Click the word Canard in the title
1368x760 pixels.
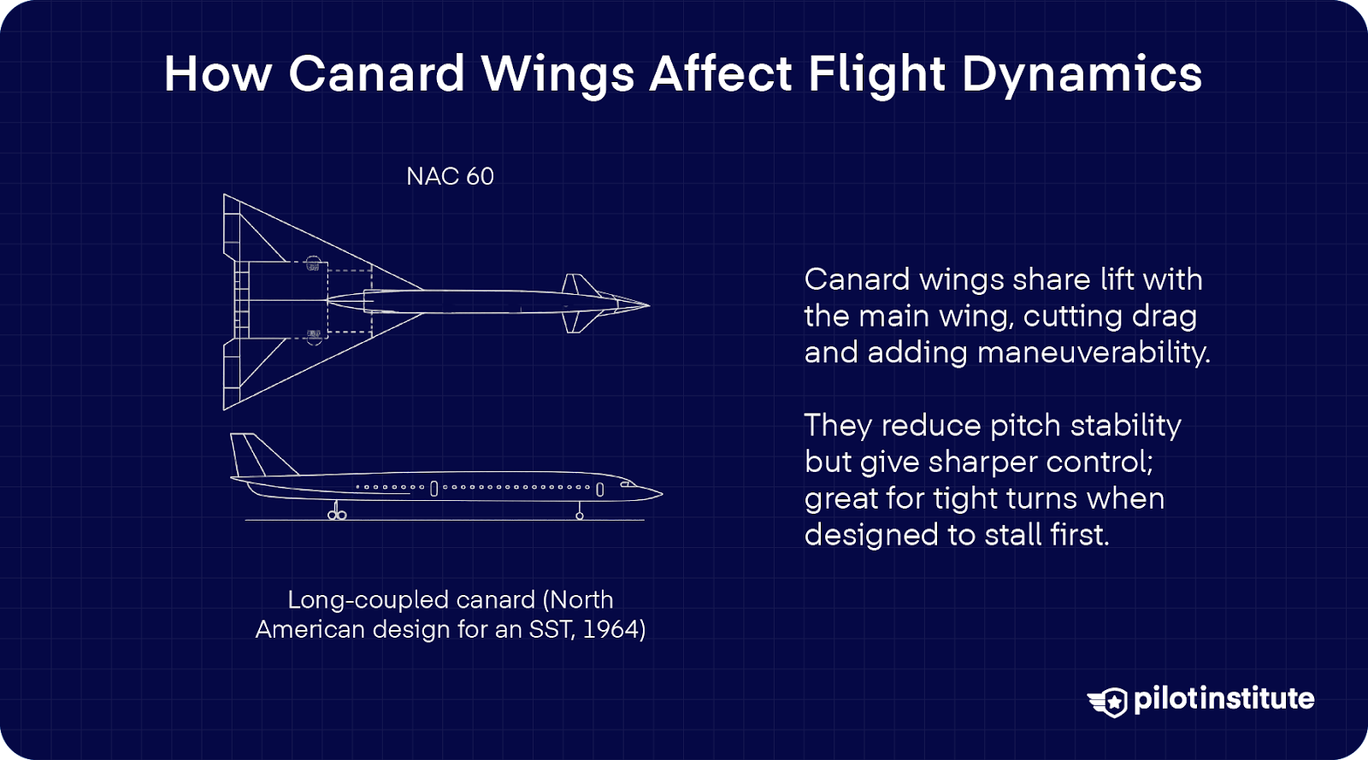point(376,74)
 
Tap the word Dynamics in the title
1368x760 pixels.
point(1082,74)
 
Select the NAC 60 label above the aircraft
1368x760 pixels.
point(450,176)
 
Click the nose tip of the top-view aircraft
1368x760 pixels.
point(647,304)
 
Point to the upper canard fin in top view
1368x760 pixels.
point(579,285)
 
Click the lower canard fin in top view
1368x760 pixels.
point(579,323)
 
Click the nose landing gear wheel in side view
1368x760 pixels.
point(580,516)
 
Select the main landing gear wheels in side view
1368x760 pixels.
point(337,515)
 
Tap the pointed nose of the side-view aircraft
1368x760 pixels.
point(658,493)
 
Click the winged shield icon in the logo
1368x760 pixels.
point(1109,701)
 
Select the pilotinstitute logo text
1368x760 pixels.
point(1224,699)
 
